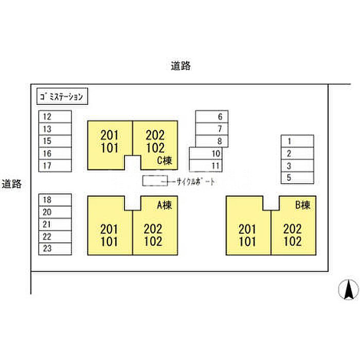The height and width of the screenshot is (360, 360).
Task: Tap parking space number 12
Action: click(56, 117)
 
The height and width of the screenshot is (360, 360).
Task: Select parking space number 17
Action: click(56, 166)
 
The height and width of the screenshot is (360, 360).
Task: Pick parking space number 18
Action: click(56, 200)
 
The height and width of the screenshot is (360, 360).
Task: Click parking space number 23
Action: click(56, 249)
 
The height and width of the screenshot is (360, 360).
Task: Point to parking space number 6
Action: click(212, 116)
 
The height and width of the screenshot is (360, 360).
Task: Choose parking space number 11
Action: click(206, 166)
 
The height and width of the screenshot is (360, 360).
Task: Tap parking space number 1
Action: click(297, 141)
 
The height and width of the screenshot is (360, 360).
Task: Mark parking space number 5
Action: click(297, 178)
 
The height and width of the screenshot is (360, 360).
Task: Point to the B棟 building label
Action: click(302, 205)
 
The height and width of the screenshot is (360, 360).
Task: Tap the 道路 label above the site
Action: click(181, 66)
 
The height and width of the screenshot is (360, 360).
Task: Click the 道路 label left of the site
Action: click(11, 184)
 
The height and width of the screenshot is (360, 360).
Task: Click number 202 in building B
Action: click(292, 229)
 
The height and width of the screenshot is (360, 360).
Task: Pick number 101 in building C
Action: click(110, 149)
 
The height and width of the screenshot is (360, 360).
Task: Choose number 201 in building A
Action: click(110, 229)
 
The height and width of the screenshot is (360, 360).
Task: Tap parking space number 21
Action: click(56, 224)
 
